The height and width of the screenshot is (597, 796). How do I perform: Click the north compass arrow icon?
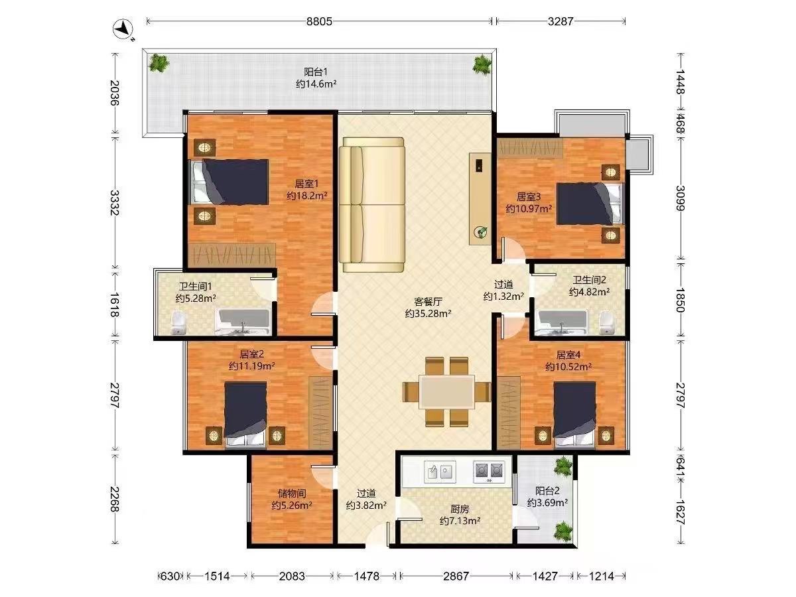(123, 29)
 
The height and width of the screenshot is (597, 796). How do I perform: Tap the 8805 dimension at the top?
(319, 21)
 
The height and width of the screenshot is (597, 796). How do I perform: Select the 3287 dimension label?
(561, 21)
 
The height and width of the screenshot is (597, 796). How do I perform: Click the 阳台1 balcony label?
(316, 72)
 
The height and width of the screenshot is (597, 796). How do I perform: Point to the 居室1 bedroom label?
(306, 184)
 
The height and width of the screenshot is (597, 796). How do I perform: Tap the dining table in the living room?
(447, 392)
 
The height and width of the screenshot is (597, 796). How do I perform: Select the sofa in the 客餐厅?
(371, 204)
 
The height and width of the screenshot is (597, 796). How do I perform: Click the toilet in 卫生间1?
(178, 322)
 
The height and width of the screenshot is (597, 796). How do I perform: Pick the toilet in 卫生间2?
(607, 322)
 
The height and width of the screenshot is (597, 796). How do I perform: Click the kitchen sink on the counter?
(440, 472)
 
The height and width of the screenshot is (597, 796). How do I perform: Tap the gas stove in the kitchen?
(489, 472)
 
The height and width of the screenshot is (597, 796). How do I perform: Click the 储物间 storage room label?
(292, 493)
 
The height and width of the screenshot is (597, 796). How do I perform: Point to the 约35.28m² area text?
(428, 313)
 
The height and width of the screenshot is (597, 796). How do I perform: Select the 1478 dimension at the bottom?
(367, 576)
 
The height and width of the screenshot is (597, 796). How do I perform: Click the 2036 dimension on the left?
(115, 93)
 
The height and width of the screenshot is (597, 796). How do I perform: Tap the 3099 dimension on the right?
(681, 198)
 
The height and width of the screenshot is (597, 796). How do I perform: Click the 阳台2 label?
(547, 491)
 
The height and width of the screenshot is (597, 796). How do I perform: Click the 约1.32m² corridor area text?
(503, 297)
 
